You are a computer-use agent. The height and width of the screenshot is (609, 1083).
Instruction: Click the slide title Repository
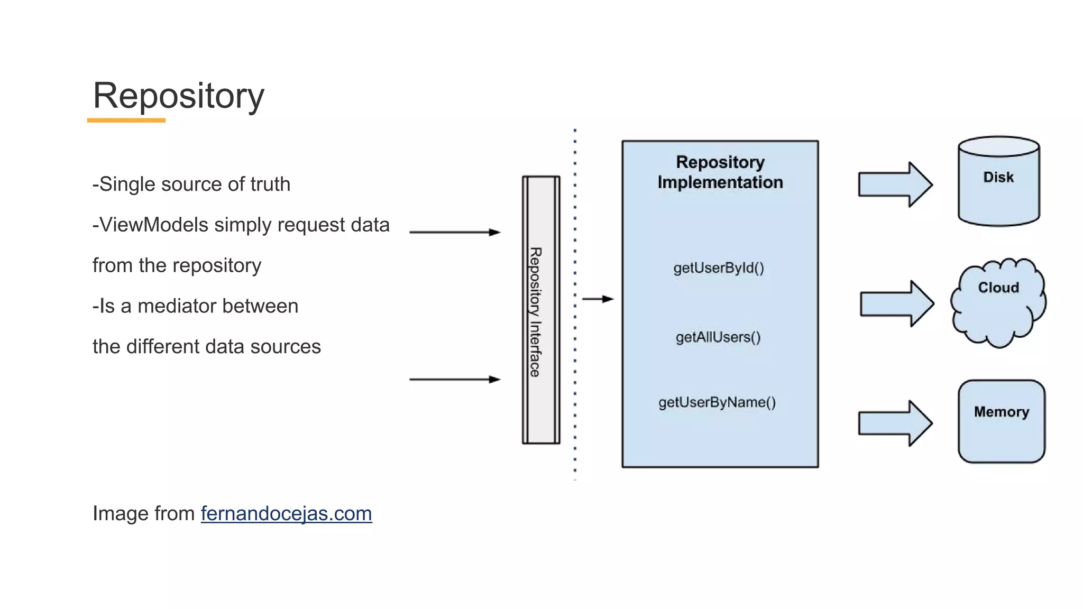(178, 96)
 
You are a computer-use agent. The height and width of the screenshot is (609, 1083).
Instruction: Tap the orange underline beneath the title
(126, 121)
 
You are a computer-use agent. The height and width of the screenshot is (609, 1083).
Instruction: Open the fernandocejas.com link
(286, 513)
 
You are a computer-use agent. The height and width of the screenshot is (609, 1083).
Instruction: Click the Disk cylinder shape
(998, 182)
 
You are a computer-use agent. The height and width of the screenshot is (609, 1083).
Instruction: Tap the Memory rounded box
(1001, 421)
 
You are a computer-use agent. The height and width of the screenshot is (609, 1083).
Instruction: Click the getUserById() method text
(719, 268)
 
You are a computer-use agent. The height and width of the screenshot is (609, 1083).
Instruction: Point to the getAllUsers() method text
(718, 337)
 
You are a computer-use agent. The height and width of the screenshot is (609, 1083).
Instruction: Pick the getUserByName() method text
(717, 402)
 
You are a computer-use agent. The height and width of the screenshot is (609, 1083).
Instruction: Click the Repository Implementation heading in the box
(720, 172)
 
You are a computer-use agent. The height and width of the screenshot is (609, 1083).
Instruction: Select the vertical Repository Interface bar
(540, 310)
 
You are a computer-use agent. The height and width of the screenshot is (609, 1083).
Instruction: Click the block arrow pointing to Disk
(895, 184)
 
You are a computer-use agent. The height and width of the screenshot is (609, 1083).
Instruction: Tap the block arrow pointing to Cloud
(896, 303)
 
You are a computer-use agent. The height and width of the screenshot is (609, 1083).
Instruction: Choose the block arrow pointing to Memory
(895, 423)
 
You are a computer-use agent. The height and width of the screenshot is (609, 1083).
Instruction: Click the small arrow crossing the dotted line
(597, 299)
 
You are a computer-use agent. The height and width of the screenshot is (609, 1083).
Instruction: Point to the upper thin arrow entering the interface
(454, 232)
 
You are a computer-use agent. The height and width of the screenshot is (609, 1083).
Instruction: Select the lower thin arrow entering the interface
(454, 379)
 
